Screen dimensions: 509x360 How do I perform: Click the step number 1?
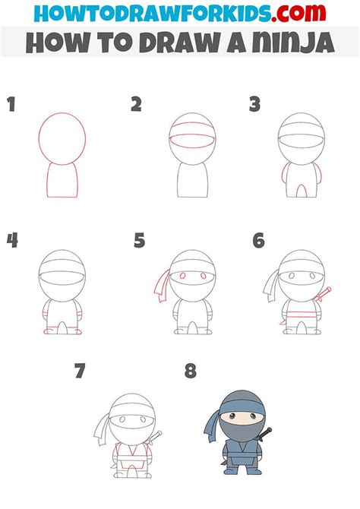click(x=11, y=104)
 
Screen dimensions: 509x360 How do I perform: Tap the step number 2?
click(x=136, y=104)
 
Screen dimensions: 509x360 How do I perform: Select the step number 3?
click(x=255, y=104)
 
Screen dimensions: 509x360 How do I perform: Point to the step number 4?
click(x=12, y=241)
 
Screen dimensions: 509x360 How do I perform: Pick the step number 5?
click(x=139, y=241)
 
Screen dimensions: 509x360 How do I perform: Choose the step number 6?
click(x=258, y=241)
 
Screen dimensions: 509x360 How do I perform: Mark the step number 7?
click(x=79, y=372)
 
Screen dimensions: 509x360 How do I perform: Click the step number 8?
click(x=190, y=372)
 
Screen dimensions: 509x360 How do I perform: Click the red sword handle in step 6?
click(x=327, y=292)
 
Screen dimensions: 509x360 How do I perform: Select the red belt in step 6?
click(x=300, y=312)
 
